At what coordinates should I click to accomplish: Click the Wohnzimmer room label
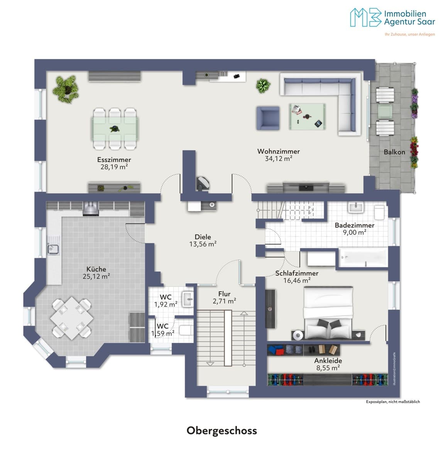coord(278,151)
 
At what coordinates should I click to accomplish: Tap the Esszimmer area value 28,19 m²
coord(114,167)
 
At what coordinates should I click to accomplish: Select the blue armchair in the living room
coord(268,118)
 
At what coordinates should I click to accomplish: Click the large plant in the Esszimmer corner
coord(66,89)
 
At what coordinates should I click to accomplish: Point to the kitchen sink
coord(53,249)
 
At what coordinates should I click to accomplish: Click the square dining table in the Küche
coord(71,318)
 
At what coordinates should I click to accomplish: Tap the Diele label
coord(203,237)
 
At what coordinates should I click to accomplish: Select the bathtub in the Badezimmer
coord(363,258)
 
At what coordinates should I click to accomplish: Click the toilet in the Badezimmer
coord(379,212)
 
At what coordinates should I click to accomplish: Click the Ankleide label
coord(328,360)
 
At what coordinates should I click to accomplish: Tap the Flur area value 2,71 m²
coord(224,301)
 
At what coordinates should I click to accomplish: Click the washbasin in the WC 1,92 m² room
coord(188,299)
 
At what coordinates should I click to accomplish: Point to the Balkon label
coord(394,152)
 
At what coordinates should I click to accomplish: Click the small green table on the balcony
coord(385,112)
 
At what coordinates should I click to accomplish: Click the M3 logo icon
coord(365,17)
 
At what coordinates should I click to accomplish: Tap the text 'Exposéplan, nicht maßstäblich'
coord(393,402)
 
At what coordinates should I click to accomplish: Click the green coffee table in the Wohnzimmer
coord(308,117)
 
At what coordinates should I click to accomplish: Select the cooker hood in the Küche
coord(91,209)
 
